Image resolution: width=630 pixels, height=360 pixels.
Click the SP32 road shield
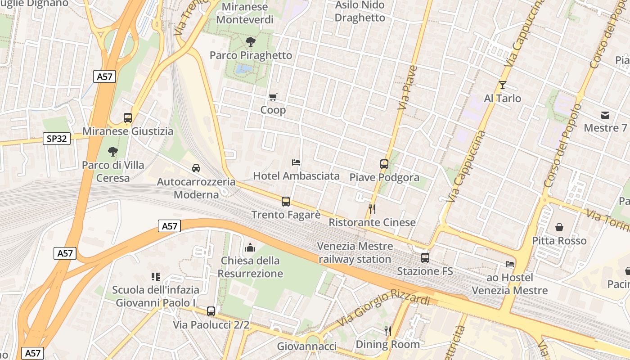57,139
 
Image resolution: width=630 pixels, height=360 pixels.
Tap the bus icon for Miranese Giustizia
128,118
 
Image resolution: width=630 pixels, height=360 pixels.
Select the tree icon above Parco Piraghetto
251,42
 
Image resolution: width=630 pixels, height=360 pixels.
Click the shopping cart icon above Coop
273,97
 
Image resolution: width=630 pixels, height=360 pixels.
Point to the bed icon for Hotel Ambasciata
296,162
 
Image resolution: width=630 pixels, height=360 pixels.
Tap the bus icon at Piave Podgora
384,164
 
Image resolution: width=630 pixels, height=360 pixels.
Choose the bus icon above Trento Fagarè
286,202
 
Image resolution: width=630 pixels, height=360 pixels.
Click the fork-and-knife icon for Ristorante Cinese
372,209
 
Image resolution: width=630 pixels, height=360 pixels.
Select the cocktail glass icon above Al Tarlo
503,85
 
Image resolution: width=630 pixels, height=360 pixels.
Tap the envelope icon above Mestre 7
605,115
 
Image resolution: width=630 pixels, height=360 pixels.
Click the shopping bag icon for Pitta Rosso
559,227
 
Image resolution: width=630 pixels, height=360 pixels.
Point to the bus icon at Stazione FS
425,258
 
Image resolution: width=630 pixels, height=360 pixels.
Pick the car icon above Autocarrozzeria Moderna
196,168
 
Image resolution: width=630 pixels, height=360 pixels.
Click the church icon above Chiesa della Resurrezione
250,247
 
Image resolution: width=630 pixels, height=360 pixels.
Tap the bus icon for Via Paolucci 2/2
211,311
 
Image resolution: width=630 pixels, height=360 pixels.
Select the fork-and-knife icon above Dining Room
387,331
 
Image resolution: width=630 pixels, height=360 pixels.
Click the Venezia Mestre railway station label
355,253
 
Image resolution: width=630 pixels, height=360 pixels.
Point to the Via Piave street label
408,88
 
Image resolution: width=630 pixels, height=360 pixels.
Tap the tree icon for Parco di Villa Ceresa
112,152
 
